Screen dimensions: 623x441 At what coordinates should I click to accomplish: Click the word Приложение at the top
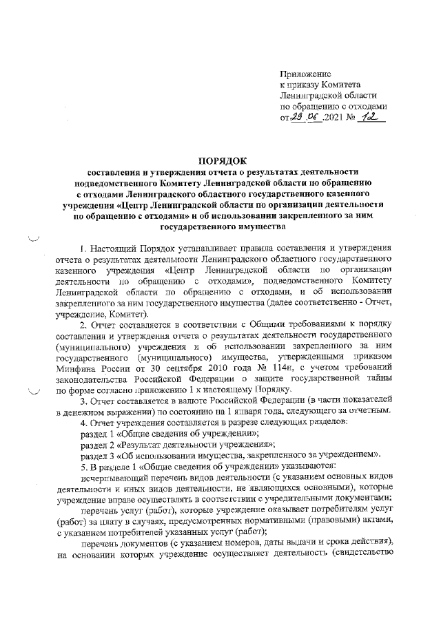[305, 73]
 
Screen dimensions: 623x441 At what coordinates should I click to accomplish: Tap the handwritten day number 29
[298, 118]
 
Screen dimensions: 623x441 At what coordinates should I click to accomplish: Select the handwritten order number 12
[372, 118]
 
